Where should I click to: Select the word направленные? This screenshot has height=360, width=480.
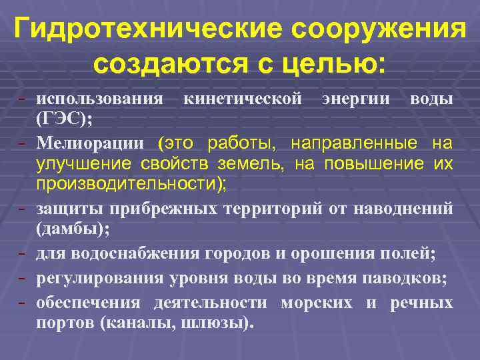[x=370, y=142]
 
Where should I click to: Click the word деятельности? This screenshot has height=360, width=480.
[x=210, y=303]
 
